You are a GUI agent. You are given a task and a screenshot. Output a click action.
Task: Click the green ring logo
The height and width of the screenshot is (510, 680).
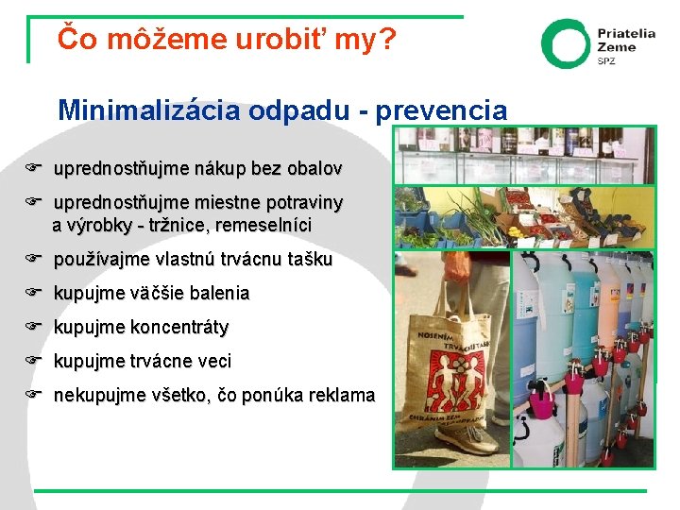[565, 43]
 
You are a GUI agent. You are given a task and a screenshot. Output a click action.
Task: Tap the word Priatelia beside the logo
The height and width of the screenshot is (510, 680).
[625, 33]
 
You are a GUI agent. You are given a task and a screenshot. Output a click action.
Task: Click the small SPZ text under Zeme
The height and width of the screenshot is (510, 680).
[605, 61]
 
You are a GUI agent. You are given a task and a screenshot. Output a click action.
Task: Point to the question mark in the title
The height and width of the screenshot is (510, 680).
[388, 39]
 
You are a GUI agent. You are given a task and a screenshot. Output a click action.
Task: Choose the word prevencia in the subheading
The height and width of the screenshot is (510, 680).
[441, 110]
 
